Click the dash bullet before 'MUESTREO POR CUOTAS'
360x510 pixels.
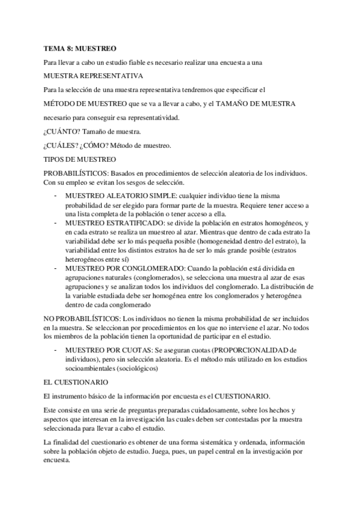tap(56, 349)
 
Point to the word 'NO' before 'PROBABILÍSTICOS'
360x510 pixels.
tap(50, 318)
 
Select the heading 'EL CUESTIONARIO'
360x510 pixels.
tap(76, 382)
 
